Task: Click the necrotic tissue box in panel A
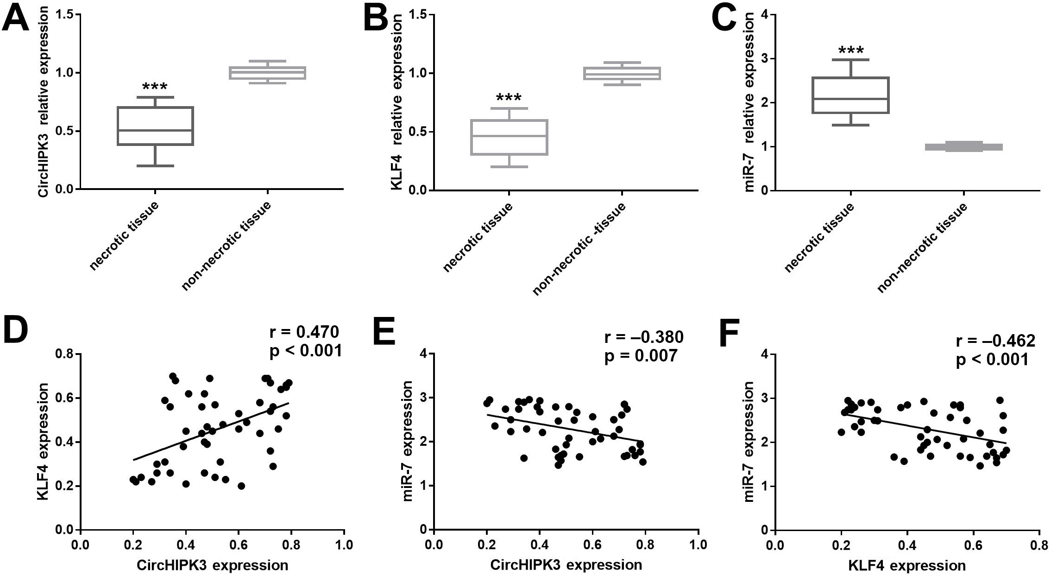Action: pos(155,126)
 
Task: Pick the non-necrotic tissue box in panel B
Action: pos(622,73)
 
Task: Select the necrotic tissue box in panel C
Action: pos(851,95)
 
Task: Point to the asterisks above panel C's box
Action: pos(851,50)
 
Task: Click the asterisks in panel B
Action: pos(509,98)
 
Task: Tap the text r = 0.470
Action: pos(304,332)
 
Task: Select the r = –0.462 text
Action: pos(995,341)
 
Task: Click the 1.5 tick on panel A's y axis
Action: pos(65,15)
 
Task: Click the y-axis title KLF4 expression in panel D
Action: pos(43,441)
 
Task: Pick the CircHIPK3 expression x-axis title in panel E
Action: pos(566,565)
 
